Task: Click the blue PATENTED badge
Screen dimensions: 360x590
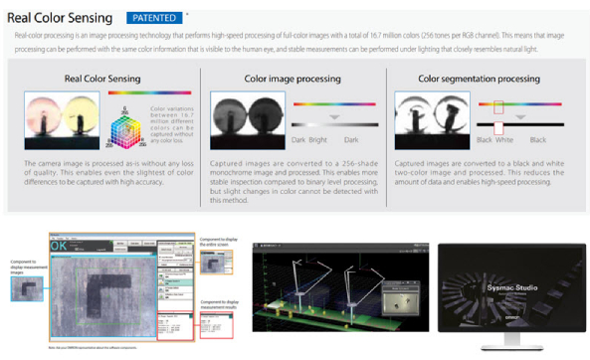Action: [x=155, y=18]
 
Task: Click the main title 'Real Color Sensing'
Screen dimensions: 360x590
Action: [x=62, y=18]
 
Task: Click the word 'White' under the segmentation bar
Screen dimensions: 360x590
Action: [x=498, y=141]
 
